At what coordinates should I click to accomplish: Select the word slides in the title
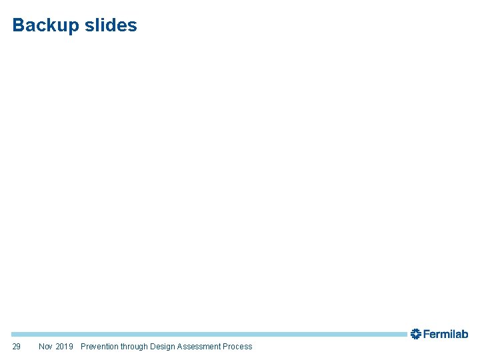pyautogui.click(x=111, y=25)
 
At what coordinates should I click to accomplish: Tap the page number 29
pyautogui.click(x=17, y=346)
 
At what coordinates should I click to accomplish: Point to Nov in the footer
pyautogui.click(x=46, y=346)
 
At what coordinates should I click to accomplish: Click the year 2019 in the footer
pyautogui.click(x=65, y=346)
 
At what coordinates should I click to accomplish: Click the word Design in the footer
pyautogui.click(x=162, y=346)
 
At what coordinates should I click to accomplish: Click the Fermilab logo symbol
pyautogui.click(x=415, y=333)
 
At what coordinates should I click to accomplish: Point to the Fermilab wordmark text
pyautogui.click(x=446, y=334)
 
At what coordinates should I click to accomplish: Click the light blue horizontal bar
pyautogui.click(x=207, y=334)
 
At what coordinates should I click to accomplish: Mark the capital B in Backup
pyautogui.click(x=18, y=25)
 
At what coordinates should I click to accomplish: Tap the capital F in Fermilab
pyautogui.click(x=427, y=334)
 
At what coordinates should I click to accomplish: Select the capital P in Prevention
pyautogui.click(x=83, y=346)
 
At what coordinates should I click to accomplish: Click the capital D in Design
pyautogui.click(x=153, y=346)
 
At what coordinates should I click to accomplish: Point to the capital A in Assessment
pyautogui.click(x=180, y=346)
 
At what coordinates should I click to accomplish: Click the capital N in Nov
pyautogui.click(x=41, y=346)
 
